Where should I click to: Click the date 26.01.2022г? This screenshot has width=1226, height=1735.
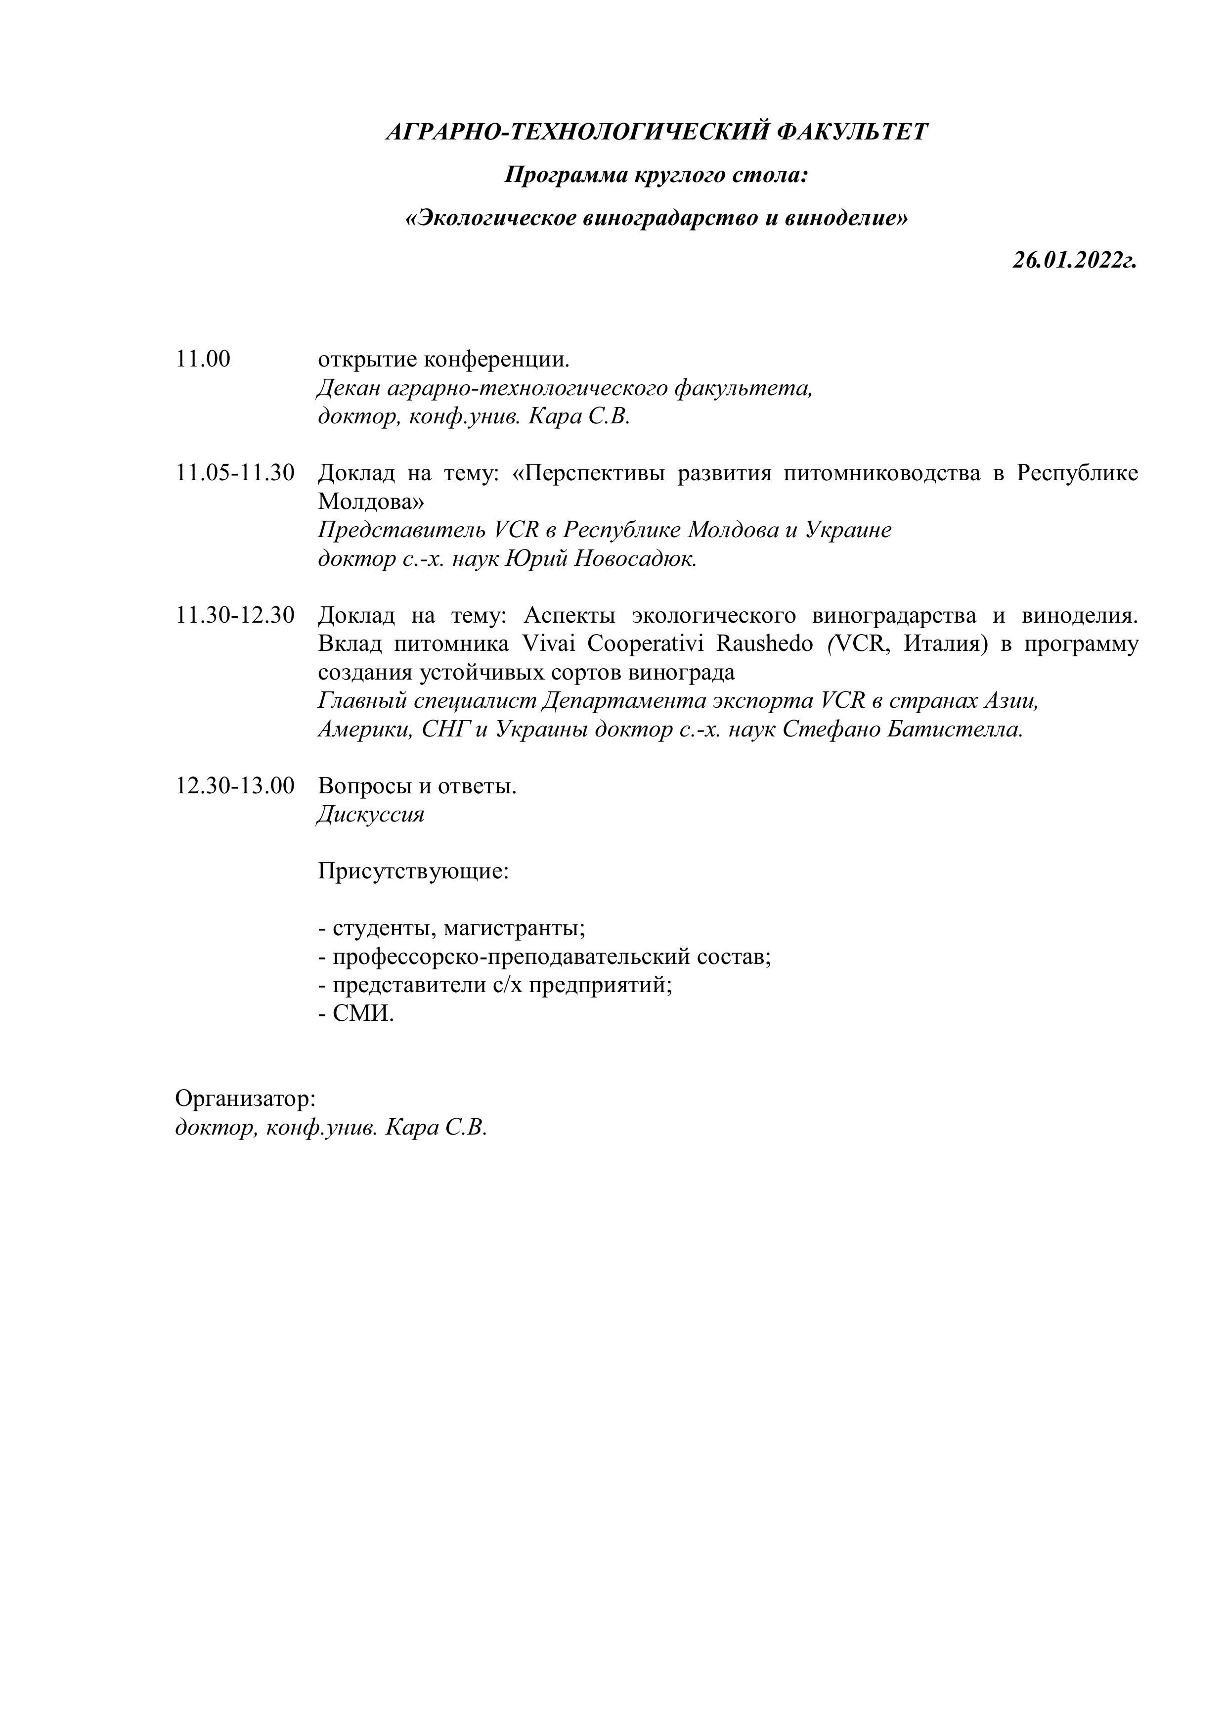[x=1074, y=261]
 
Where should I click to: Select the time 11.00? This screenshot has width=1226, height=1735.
[x=203, y=359]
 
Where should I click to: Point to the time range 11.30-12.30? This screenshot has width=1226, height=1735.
[x=235, y=615]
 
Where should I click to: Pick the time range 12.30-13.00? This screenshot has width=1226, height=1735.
[x=235, y=786]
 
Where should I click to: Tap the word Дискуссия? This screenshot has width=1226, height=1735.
[x=370, y=815]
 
